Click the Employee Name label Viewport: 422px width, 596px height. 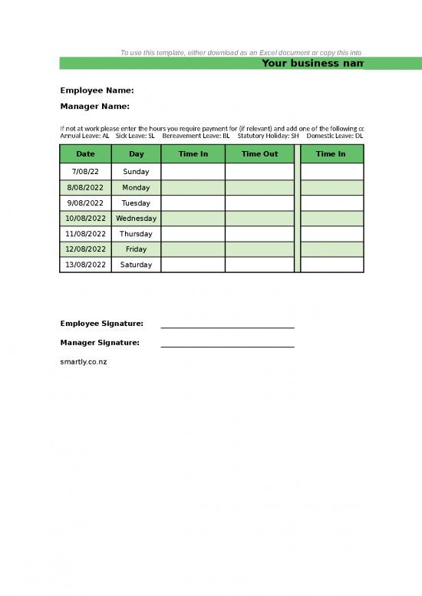click(97, 91)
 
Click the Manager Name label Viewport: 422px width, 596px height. click(94, 107)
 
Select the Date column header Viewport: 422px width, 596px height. click(85, 154)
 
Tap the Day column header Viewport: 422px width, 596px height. click(136, 154)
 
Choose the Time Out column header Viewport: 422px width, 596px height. click(259, 154)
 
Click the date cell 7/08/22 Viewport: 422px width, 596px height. click(85, 172)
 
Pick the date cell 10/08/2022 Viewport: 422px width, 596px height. click(85, 219)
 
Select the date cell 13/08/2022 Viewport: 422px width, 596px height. click(85, 265)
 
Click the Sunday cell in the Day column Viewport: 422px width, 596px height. click(136, 172)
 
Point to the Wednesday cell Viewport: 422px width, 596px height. click(136, 219)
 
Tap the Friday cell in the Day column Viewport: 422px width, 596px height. click(136, 249)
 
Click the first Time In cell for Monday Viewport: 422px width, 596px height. click(193, 187)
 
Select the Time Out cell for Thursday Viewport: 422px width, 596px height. click(259, 234)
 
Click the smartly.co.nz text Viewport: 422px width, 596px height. click(84, 361)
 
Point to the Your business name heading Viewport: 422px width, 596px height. click(312, 63)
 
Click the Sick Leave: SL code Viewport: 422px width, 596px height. click(135, 136)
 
